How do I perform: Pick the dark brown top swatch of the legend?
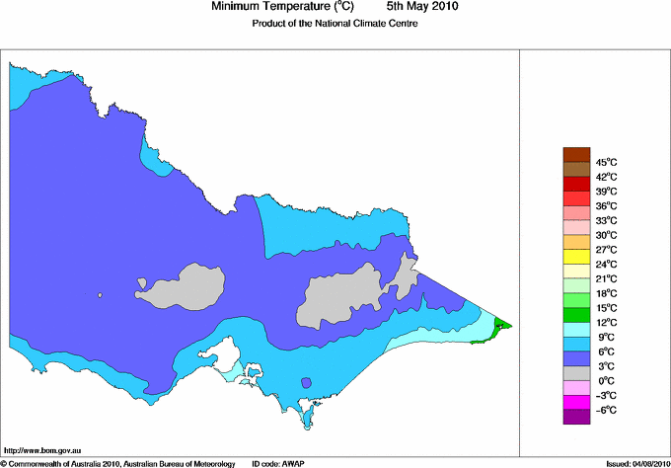[576, 154]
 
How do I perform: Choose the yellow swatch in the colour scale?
[576, 257]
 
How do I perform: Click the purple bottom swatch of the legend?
[576, 417]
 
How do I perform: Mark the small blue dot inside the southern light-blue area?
[306, 382]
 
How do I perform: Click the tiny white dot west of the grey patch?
[100, 294]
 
